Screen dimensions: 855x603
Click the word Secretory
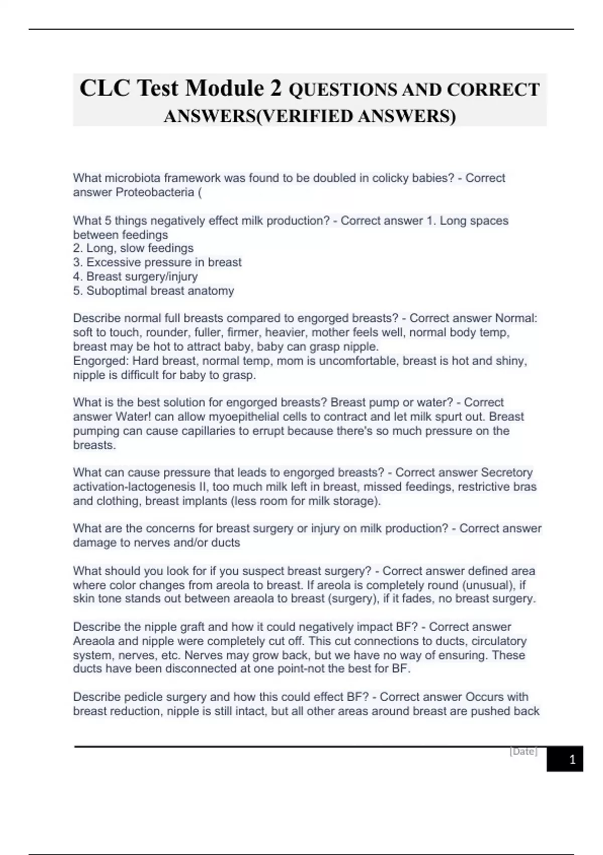(x=507, y=473)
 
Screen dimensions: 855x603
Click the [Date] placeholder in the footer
(x=523, y=751)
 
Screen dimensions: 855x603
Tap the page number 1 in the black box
(x=572, y=759)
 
